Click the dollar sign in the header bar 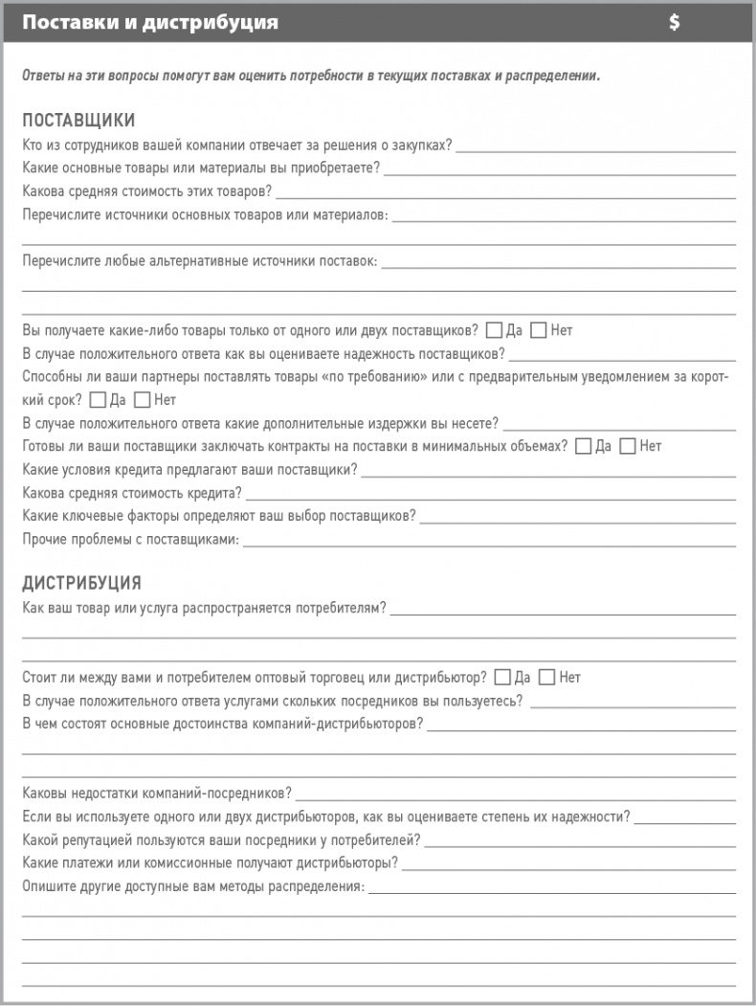675,23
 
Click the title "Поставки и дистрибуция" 150,23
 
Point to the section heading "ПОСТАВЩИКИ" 78,121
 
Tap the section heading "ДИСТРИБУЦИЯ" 81,583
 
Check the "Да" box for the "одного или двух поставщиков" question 494,331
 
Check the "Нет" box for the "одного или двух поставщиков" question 538,331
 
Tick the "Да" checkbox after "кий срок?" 98,400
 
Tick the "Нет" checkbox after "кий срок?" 143,400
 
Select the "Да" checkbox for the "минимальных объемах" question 583,446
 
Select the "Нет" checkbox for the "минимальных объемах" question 628,446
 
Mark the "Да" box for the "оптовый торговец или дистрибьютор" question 502,678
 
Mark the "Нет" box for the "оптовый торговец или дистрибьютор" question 547,678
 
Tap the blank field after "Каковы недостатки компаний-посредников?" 517,795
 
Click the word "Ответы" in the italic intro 43,76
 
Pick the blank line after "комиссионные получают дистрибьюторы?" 569,865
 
